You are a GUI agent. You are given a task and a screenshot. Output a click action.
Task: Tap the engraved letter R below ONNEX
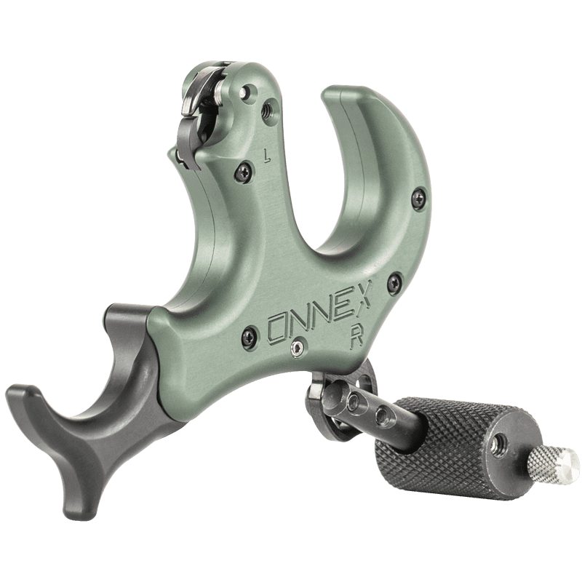click(x=357, y=336)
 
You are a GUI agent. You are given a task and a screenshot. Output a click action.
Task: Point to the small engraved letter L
click(x=266, y=156)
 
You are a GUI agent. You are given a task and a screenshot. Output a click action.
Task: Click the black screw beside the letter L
click(x=244, y=172)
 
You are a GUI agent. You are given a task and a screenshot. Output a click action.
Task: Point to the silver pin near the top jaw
click(x=244, y=92)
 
